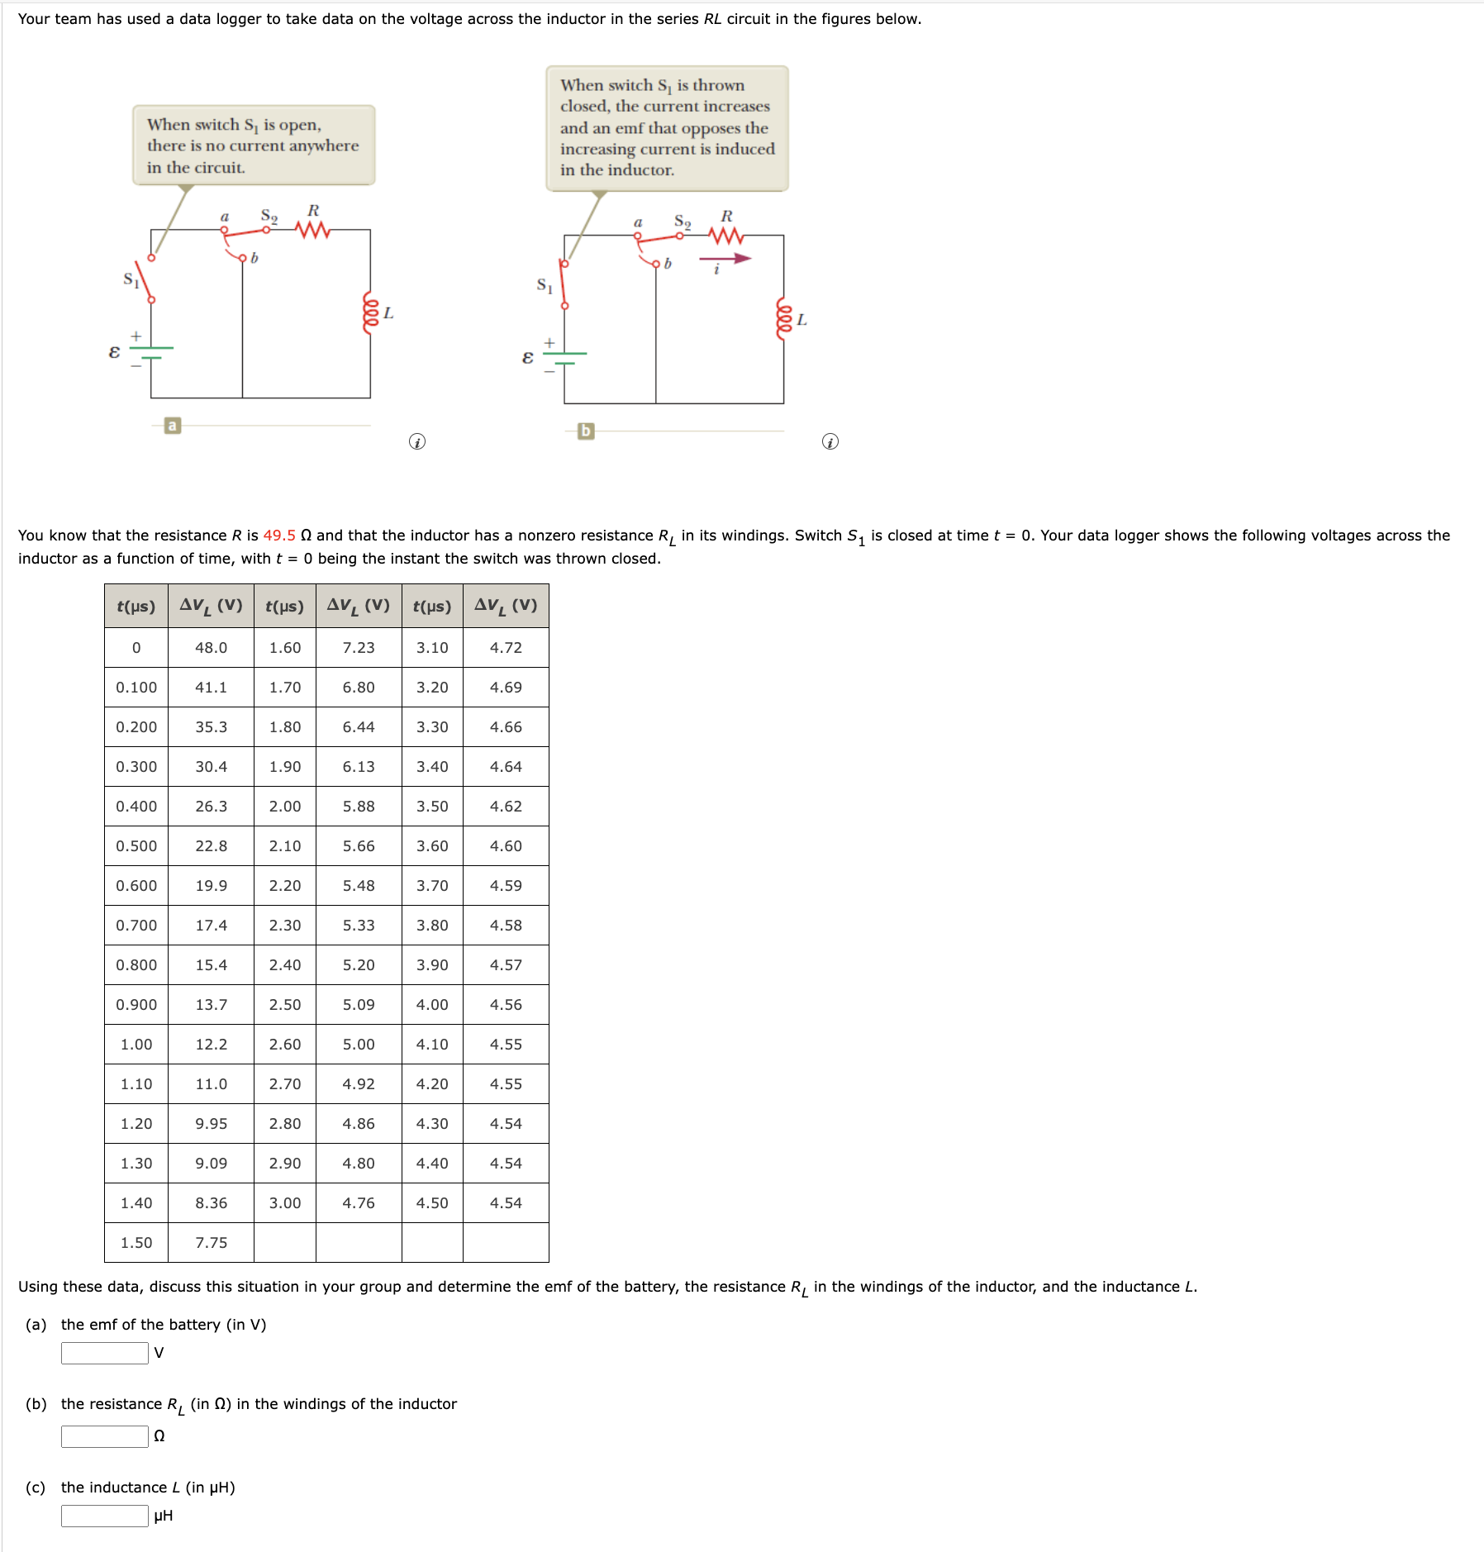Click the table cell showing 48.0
211,648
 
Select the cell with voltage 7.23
359,648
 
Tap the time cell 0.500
136,846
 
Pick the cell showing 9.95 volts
211,1124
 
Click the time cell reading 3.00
285,1203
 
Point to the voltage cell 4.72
506,648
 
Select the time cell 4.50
432,1203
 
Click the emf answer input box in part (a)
105,1353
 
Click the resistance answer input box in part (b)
105,1436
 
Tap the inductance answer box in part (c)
105,1516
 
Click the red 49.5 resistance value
279,536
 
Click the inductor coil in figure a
371,312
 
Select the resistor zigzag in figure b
726,236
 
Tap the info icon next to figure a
417,442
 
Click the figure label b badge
586,431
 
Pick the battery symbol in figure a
150,353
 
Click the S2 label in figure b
683,221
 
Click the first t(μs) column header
136,607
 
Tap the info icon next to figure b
830,442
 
